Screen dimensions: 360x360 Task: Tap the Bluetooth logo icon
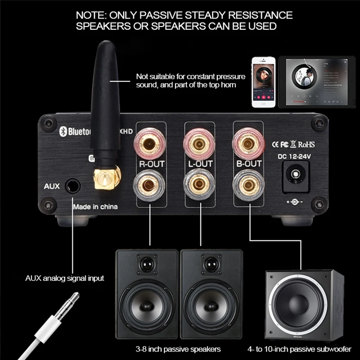click(63, 130)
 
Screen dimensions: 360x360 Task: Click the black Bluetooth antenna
click(104, 99)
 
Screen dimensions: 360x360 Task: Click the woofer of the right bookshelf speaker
click(211, 306)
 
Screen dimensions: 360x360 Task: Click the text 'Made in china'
click(95, 207)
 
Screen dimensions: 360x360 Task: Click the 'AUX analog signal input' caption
click(65, 278)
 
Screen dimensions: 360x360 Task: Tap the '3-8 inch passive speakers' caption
click(179, 349)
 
